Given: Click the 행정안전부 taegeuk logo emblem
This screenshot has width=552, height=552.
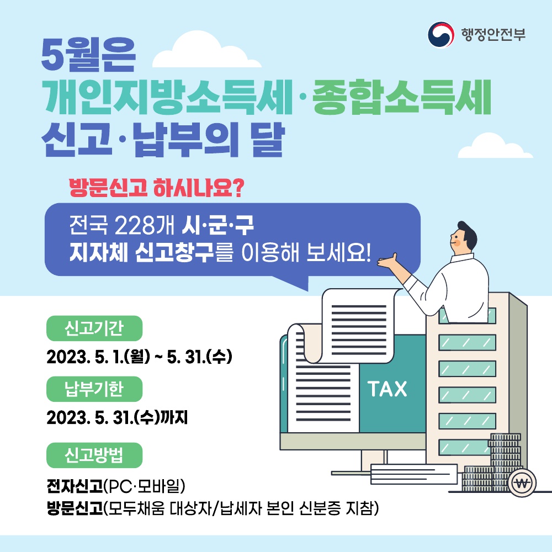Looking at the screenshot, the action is (440, 34).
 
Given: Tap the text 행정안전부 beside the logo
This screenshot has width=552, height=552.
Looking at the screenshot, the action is (493, 34).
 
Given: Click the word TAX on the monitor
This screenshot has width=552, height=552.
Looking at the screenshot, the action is (388, 389).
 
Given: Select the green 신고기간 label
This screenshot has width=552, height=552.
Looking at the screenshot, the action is (94, 328).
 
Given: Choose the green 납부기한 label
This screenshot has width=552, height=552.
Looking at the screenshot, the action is (94, 389).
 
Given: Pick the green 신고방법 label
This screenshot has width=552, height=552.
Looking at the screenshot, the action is (94, 455).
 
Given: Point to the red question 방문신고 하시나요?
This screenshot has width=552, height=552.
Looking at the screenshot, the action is (156, 188).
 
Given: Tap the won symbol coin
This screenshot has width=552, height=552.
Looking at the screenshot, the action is (522, 483).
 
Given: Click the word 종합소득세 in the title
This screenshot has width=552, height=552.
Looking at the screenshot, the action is (402, 97).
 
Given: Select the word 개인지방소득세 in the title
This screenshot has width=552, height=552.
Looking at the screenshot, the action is (168, 97).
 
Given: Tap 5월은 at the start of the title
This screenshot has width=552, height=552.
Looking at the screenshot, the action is (88, 55).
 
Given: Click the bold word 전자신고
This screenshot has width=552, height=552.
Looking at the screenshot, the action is (75, 486).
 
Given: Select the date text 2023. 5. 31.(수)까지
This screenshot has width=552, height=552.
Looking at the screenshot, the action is (117, 417).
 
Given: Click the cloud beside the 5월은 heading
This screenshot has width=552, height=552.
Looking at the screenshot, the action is (206, 50).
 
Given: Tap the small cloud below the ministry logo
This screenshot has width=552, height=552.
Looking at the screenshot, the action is (495, 146).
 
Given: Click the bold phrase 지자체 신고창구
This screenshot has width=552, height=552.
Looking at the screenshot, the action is (141, 252).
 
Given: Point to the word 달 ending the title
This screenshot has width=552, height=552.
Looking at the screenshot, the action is (268, 139).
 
